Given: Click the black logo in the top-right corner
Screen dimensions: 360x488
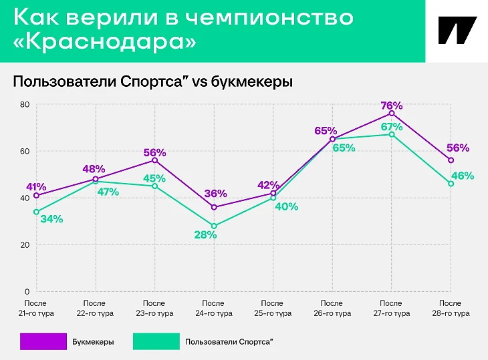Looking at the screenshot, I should tap(457, 31).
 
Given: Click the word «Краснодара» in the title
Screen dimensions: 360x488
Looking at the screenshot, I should tap(105, 41).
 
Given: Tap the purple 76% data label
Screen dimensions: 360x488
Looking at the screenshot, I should tap(391, 106).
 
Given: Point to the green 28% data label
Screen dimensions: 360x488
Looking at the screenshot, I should tap(206, 235).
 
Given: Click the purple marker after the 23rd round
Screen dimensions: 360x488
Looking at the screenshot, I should tap(155, 160).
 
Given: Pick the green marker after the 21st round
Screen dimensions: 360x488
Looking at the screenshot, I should tap(36, 212).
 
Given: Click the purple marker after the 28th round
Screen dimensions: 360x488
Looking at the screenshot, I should tap(451, 160).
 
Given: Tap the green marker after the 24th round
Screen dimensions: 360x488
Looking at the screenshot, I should tap(214, 226).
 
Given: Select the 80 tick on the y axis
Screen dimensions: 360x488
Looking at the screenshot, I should tap(25, 104).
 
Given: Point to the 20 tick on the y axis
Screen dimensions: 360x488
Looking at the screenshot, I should tap(25, 245).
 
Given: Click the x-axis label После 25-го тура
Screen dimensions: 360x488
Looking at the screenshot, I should tap(273, 309).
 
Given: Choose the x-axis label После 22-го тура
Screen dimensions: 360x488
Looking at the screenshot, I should tap(96, 309).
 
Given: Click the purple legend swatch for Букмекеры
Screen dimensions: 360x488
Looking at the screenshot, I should tap(43, 341).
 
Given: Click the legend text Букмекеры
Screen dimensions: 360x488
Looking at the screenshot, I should tap(93, 342).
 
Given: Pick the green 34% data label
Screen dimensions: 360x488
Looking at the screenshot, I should tap(51, 219).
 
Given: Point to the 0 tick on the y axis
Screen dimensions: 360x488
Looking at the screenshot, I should tap(27, 292).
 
